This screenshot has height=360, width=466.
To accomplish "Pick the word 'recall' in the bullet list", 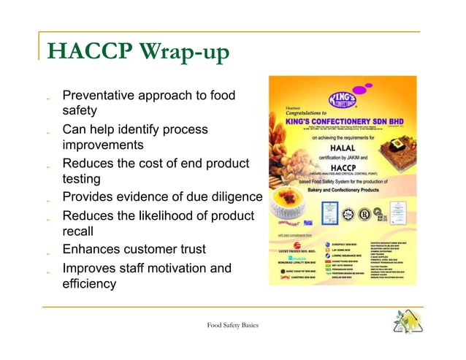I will click(x=78, y=231).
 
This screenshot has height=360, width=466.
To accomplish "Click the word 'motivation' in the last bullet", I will click(x=174, y=268).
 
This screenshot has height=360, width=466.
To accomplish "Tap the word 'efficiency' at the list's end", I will click(x=89, y=284).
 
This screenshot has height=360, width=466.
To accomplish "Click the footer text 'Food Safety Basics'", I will click(x=232, y=325).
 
